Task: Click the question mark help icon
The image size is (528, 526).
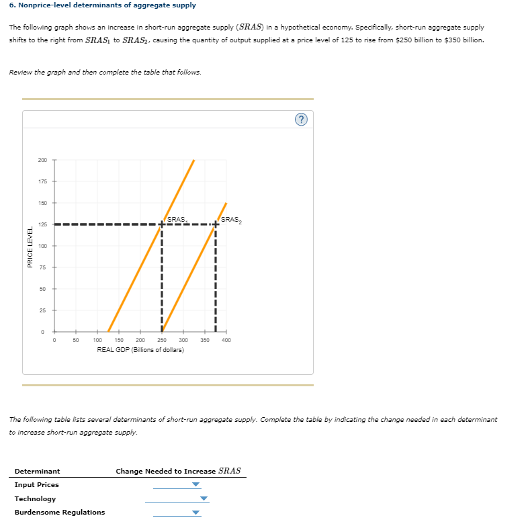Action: [x=301, y=120]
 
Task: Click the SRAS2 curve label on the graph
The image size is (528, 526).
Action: [x=230, y=220]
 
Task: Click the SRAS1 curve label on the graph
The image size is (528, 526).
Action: [x=177, y=220]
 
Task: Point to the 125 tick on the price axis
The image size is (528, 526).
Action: [x=42, y=224]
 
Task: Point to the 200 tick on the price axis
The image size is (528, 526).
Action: [x=42, y=160]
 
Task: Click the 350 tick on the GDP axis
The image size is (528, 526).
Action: [x=205, y=341]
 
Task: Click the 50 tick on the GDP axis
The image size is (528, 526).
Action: [x=76, y=341]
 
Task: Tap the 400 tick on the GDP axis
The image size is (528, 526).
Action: [x=226, y=341]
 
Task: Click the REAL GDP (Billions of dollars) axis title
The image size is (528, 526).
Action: [x=140, y=350]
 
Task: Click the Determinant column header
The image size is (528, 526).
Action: [x=37, y=472]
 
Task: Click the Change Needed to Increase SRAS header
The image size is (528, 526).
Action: [x=178, y=471]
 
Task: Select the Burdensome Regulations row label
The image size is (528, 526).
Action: [x=60, y=512]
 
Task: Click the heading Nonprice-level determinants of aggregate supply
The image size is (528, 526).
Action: [x=103, y=5]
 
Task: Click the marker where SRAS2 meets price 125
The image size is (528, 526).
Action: [x=216, y=224]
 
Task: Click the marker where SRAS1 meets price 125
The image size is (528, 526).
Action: [x=162, y=224]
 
